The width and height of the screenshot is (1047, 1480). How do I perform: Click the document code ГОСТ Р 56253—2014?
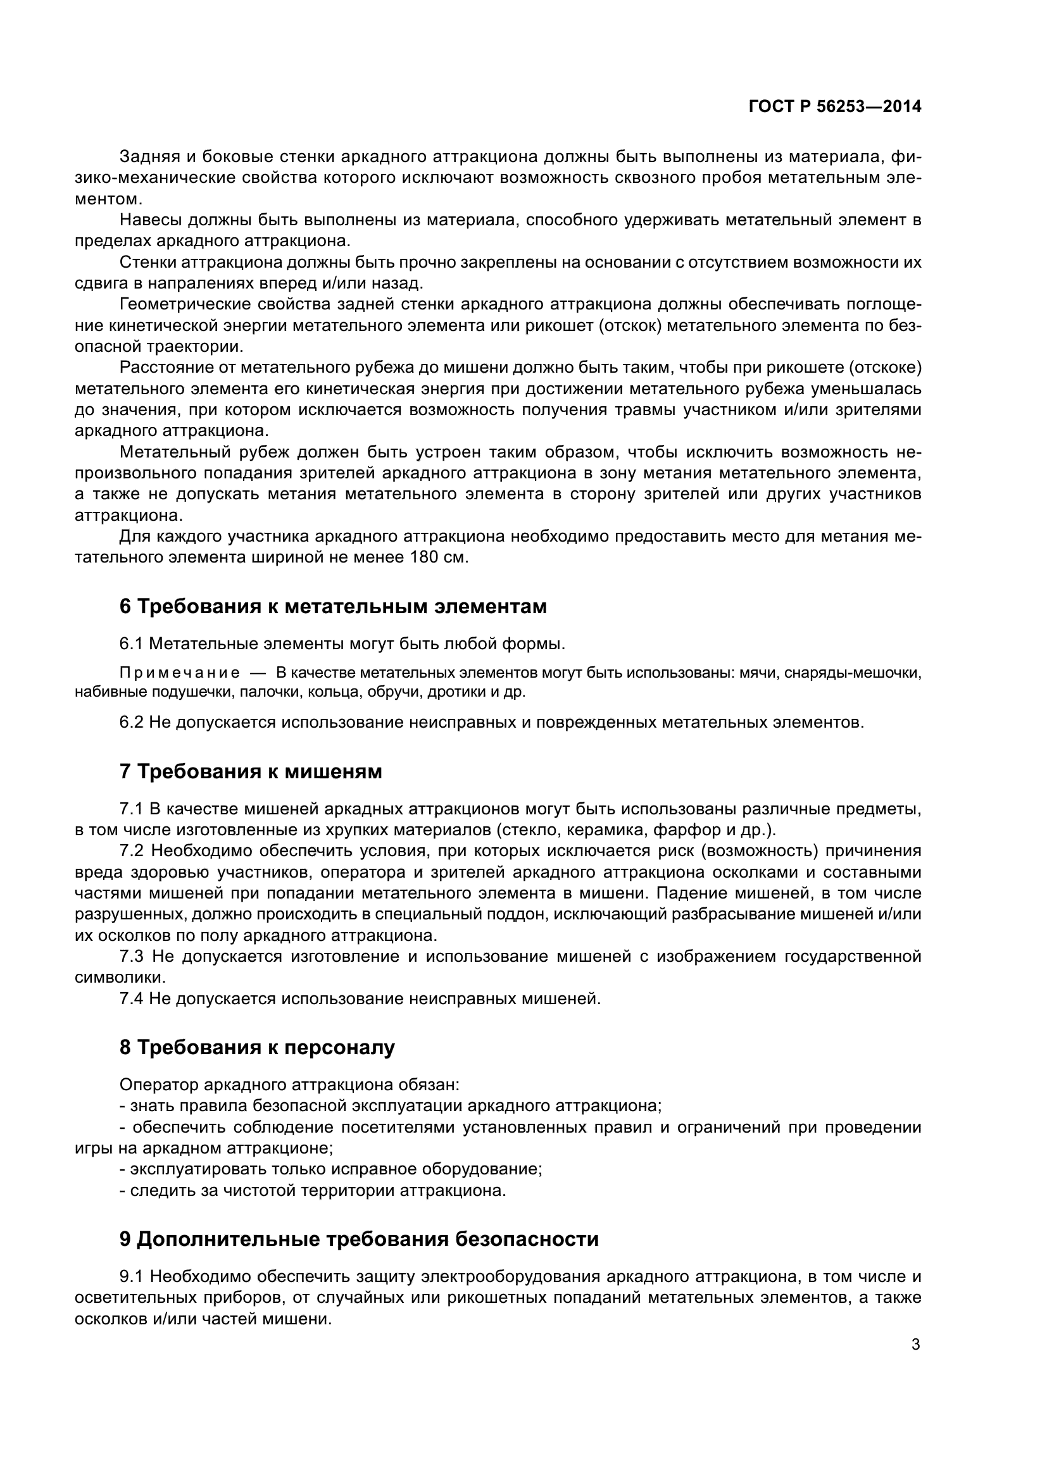click(835, 107)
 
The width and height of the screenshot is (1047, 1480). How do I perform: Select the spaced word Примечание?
click(180, 673)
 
